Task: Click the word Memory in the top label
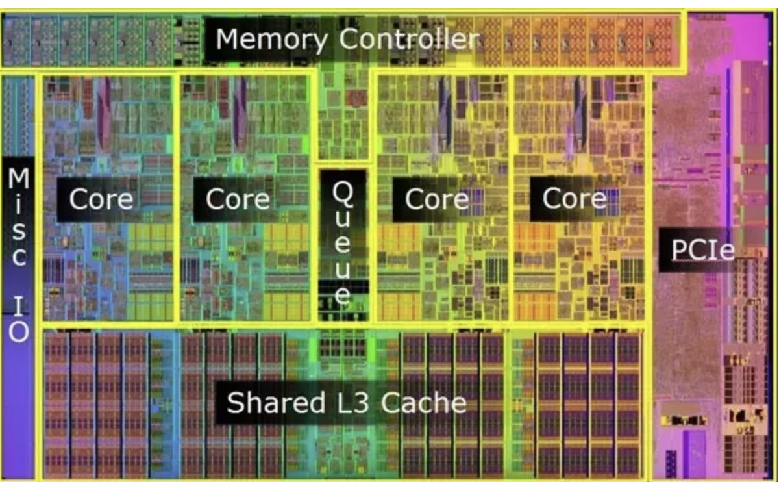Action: click(272, 40)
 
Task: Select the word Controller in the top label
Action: click(410, 40)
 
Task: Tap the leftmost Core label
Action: click(101, 199)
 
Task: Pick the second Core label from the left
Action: click(238, 199)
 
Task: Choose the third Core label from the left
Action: click(436, 199)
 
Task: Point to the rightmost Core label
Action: click(574, 199)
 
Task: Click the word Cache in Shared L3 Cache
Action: click(423, 403)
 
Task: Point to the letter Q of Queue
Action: click(343, 191)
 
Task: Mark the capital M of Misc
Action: click(18, 177)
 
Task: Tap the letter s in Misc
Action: click(18, 230)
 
